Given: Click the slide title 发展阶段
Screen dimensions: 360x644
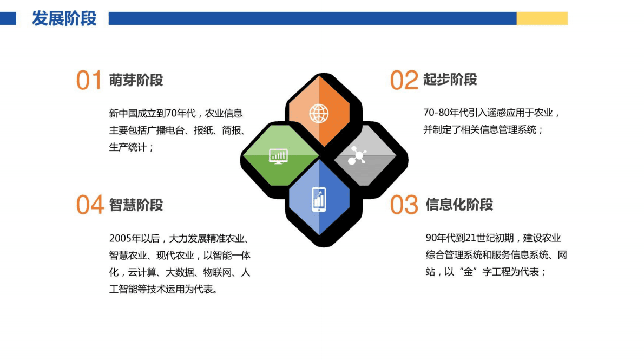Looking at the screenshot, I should point(64,18).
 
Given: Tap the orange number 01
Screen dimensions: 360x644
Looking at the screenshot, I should point(89,81).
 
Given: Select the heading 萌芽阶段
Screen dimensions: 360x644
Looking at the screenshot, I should point(136,80).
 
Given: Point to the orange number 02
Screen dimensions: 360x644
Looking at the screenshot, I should point(404,81).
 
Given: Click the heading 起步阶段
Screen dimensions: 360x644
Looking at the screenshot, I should point(450,80).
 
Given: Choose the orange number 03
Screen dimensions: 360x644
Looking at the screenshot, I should point(404,206).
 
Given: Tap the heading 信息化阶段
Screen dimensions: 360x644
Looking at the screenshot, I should point(459,205).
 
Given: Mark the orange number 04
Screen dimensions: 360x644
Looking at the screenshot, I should point(89,206).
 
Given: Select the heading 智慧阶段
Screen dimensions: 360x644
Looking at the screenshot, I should point(136,205).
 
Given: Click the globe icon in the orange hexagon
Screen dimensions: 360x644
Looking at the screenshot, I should point(318,113).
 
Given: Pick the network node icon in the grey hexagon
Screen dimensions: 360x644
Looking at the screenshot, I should point(358,155).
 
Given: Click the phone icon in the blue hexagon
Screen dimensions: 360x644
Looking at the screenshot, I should point(319,199).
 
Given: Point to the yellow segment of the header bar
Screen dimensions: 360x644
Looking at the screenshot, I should point(542,18).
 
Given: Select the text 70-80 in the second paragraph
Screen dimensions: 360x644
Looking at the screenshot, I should point(436,113).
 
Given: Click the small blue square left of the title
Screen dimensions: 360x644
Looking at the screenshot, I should point(8,18).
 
